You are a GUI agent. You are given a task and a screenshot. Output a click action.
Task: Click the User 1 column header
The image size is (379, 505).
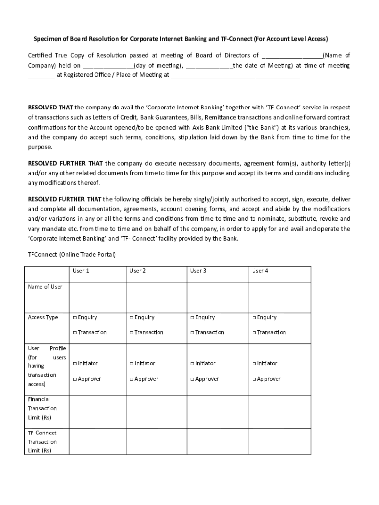point(81,271)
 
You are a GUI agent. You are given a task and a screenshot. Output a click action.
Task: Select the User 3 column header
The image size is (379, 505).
point(198,271)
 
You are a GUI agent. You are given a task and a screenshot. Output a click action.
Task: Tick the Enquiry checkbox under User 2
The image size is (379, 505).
point(131,318)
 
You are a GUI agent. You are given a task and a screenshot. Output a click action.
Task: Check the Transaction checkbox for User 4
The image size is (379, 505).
point(254,333)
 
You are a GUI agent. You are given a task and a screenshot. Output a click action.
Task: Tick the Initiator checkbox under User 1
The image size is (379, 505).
point(75,364)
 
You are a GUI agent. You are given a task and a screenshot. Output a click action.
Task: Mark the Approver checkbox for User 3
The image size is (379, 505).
point(192,379)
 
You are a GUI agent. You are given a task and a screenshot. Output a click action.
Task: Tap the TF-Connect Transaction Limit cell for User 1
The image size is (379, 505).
point(98,441)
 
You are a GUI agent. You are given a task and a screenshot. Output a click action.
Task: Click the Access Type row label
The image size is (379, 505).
point(43,318)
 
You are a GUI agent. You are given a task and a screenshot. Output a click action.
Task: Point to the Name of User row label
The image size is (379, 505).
point(45,287)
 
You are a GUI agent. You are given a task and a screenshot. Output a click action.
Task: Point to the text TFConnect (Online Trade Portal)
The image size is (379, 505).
point(71,255)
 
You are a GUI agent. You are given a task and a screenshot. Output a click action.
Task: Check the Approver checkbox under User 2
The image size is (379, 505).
point(131,379)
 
